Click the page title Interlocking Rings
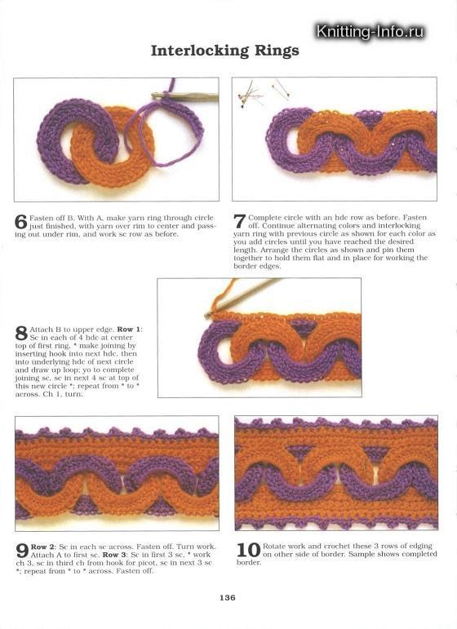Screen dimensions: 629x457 coord(224,51)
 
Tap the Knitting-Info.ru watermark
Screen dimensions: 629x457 coord(370,32)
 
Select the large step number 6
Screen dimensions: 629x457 coord(21,222)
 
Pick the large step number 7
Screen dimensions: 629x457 coord(239,222)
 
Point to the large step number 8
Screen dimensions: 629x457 coord(21,332)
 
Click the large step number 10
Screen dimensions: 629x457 coord(247,550)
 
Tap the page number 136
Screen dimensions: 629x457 coord(228,598)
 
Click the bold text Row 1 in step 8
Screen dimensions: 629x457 coord(129,328)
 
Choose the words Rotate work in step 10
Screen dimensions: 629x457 coord(284,546)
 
